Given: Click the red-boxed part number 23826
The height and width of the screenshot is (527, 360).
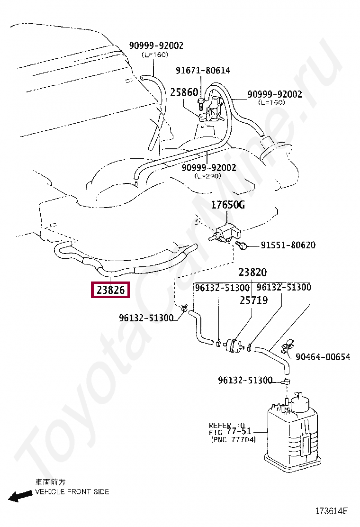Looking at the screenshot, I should tap(110, 289).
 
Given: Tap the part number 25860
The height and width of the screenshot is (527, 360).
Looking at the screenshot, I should tap(184, 92).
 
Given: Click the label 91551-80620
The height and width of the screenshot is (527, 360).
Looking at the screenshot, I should tap(288, 245).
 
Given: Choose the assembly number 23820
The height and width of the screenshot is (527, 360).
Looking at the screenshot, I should tap(252, 273).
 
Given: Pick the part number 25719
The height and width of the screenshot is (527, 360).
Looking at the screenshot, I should tap(253, 300).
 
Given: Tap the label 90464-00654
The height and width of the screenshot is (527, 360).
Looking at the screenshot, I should tap(323, 357).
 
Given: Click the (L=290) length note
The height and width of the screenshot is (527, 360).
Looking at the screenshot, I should tap(208, 176).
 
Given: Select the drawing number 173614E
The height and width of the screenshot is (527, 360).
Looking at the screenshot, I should tap(332, 511).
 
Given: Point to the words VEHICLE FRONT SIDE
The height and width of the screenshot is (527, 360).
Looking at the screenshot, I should tap(72, 491).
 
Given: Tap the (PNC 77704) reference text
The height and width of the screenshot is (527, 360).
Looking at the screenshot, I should tap(233, 440).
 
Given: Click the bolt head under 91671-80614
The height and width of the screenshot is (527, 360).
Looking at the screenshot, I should tap(202, 101).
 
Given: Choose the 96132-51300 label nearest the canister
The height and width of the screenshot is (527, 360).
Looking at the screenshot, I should tap(245, 380).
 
